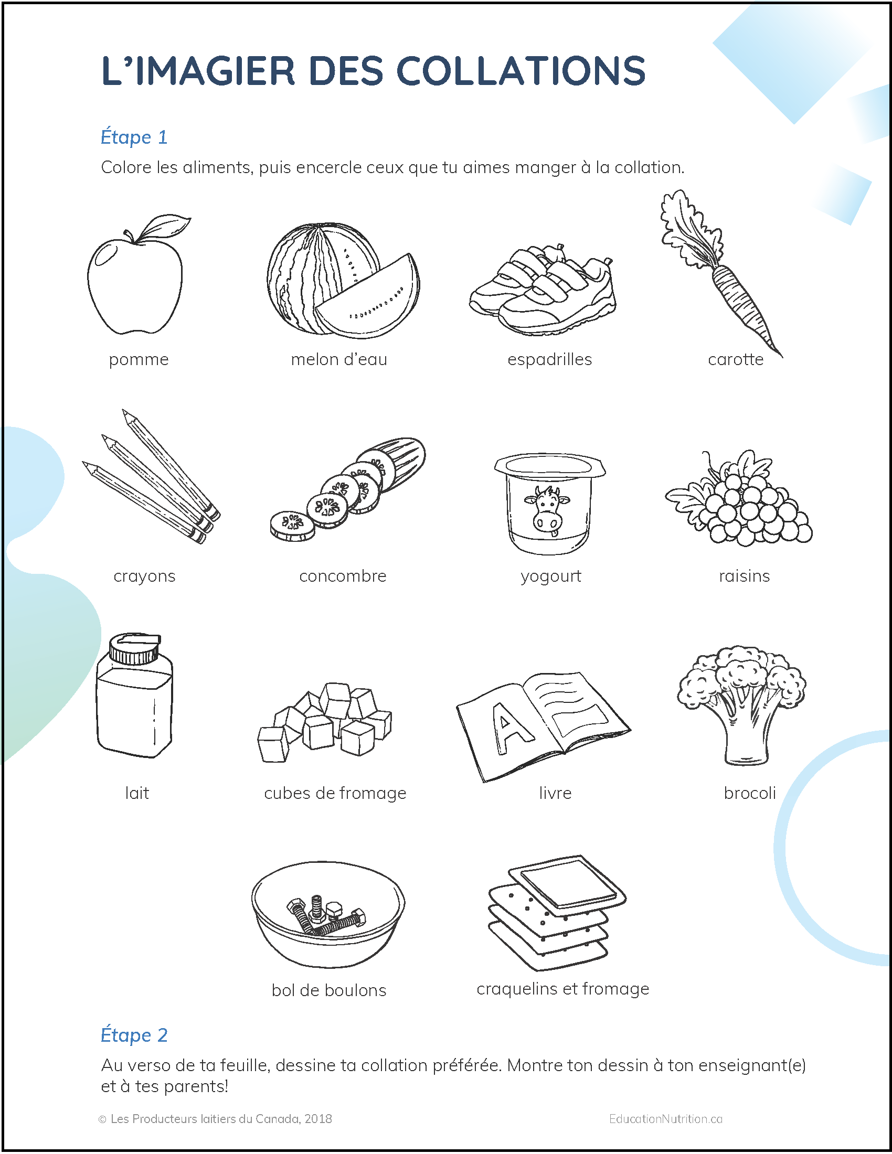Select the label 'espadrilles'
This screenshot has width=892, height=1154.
tap(549, 360)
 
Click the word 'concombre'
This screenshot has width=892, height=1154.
tap(343, 576)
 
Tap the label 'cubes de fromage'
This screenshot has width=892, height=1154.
tap(335, 793)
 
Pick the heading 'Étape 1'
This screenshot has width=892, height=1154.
tap(134, 137)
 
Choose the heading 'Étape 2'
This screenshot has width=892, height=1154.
tap(134, 1035)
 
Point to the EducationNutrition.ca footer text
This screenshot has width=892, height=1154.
tap(665, 1119)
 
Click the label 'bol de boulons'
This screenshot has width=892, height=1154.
tap(328, 990)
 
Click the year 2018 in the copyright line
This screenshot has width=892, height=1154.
tap(318, 1119)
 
